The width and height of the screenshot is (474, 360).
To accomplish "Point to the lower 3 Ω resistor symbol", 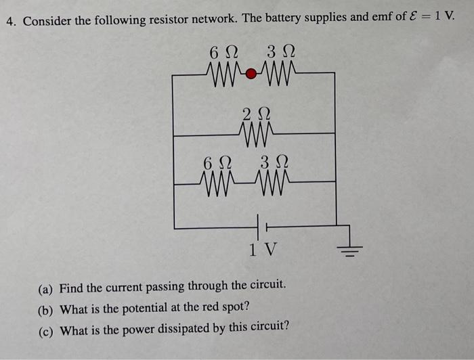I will click(x=274, y=181).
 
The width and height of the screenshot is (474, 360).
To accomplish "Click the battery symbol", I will click(x=261, y=225).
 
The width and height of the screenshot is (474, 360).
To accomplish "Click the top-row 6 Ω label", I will click(x=223, y=51).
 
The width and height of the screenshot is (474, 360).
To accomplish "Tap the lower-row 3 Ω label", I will click(x=274, y=162).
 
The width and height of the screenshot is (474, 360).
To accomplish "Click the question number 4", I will click(x=12, y=20).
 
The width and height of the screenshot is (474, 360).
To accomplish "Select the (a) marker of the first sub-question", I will click(x=45, y=290).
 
